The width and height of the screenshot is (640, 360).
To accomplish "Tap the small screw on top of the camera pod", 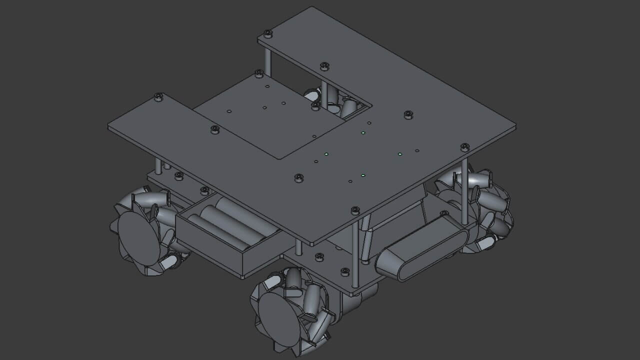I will [x=443, y=213].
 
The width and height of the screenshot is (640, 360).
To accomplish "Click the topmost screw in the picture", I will [x=268, y=33].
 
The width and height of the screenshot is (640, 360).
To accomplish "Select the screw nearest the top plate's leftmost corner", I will [x=158, y=96].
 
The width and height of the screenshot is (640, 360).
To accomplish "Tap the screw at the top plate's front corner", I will [x=355, y=210].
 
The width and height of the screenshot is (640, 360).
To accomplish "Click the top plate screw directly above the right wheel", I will [x=464, y=147].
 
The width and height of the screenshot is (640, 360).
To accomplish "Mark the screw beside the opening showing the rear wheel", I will [x=315, y=106].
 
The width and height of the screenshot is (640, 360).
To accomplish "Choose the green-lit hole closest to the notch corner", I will [x=363, y=133].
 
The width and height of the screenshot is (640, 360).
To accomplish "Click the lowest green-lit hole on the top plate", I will [x=363, y=175].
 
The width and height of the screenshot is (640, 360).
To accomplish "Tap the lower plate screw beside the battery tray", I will [x=204, y=190].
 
